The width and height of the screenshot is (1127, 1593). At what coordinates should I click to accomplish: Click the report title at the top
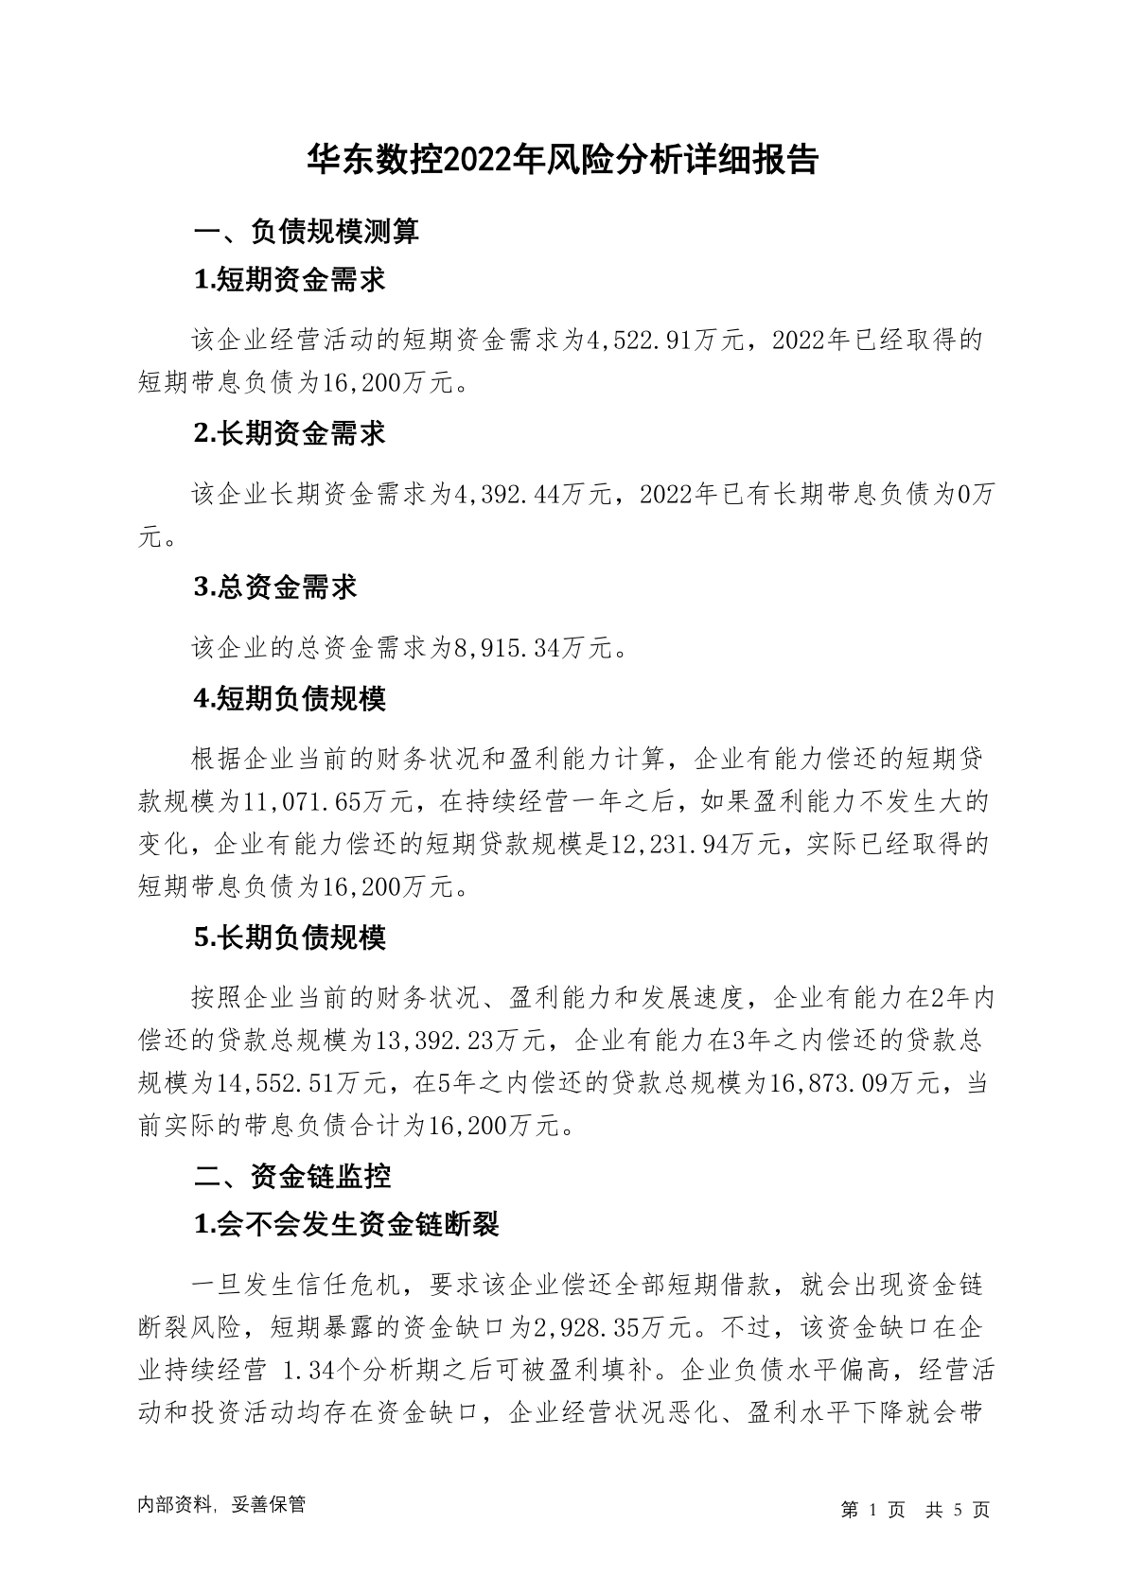coord(563,160)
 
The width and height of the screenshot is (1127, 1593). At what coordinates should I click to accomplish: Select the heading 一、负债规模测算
coord(307,232)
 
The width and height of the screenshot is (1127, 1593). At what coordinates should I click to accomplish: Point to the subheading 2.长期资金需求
coord(290,433)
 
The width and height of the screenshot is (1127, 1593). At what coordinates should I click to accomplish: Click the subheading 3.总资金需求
coord(275,586)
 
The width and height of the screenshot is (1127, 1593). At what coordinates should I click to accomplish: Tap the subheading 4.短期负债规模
coord(290,699)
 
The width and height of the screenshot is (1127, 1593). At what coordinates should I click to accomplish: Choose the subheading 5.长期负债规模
coord(290,937)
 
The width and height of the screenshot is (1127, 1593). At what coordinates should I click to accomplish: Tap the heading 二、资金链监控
coord(292,1177)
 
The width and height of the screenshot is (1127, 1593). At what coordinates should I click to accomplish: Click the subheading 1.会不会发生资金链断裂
coord(345,1225)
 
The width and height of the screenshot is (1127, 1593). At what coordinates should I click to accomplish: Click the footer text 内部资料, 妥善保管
coord(221,1505)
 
